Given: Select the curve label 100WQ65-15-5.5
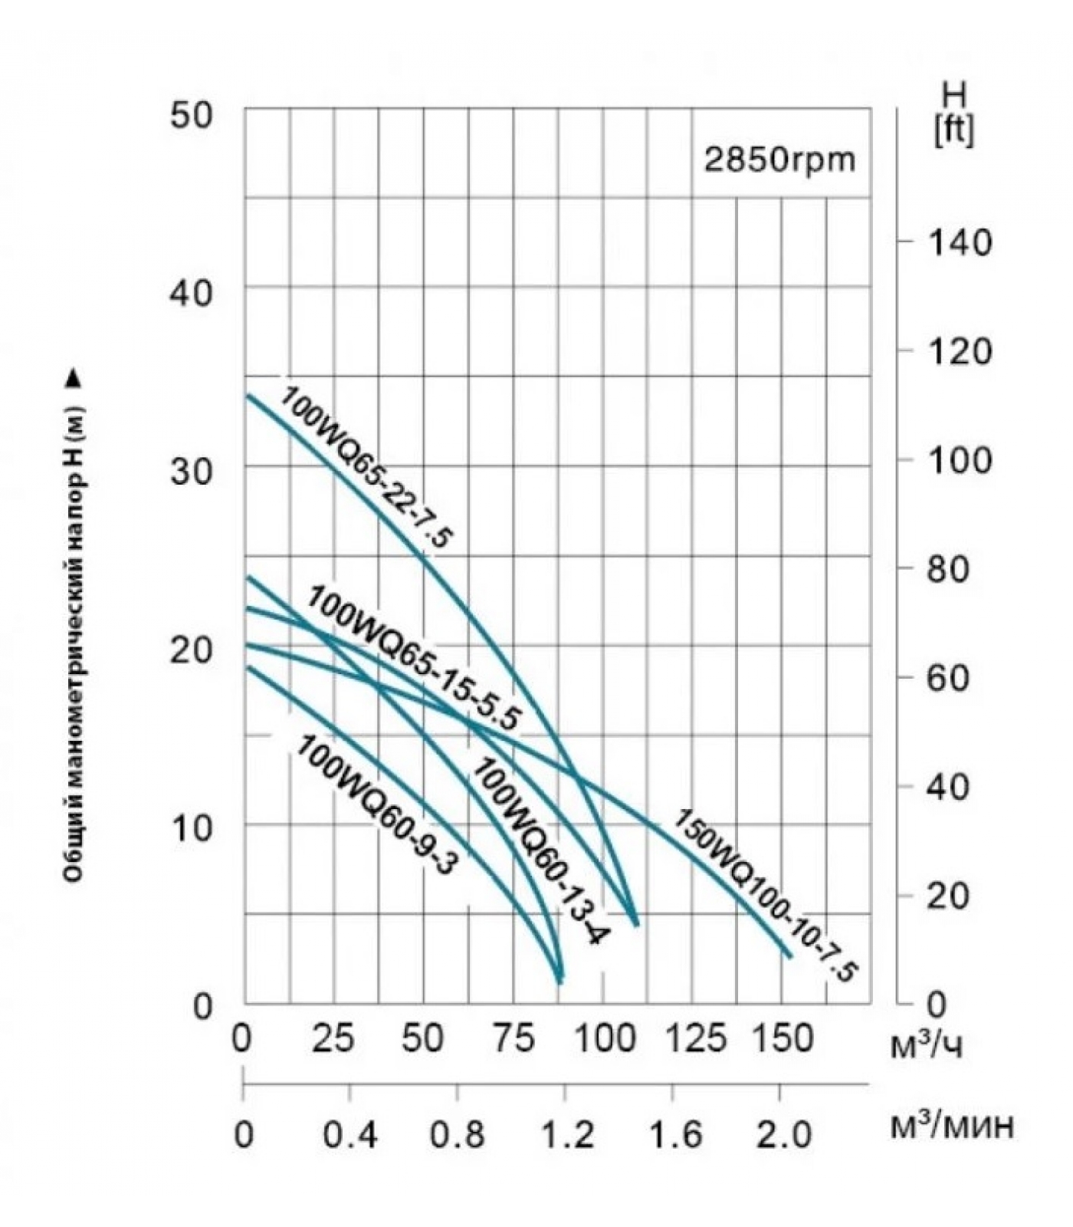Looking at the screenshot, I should point(414,658).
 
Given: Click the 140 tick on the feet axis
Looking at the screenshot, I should point(960,243).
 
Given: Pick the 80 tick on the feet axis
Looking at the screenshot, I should point(960,570).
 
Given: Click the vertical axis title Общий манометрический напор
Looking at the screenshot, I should point(75,629).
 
